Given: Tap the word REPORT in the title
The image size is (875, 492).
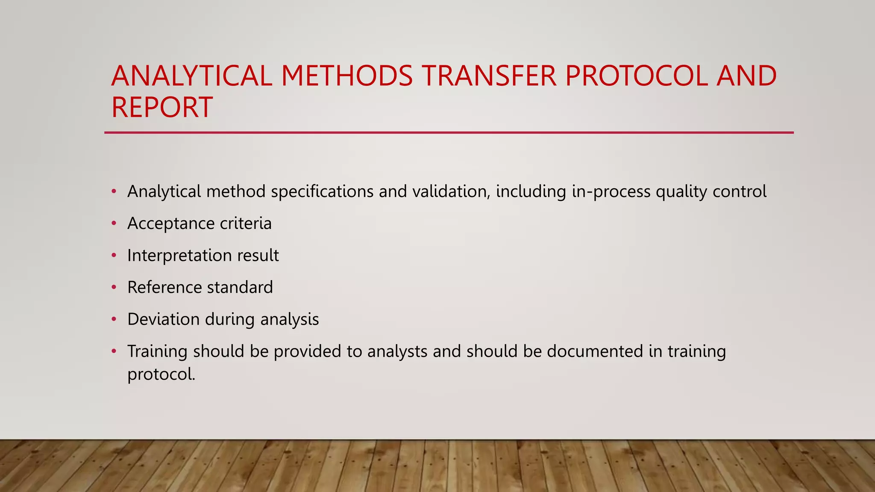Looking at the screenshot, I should click(162, 107).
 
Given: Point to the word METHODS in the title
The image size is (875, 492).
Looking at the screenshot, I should click(347, 76).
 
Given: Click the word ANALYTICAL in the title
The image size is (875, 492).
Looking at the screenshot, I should click(192, 76).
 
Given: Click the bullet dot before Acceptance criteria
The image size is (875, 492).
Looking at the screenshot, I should click(114, 223).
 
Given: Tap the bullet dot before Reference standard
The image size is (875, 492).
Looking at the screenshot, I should click(114, 287).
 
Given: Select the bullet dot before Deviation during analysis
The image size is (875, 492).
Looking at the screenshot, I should click(114, 319).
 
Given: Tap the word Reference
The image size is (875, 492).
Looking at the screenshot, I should click(164, 287).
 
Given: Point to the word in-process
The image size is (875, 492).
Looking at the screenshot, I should click(611, 192).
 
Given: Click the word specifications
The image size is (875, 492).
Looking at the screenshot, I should click(322, 192).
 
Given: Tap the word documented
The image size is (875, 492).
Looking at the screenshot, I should click(595, 351).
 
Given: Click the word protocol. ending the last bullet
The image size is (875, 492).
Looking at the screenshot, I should click(161, 375).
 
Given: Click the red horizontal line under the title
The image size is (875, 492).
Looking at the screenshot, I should click(449, 133).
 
